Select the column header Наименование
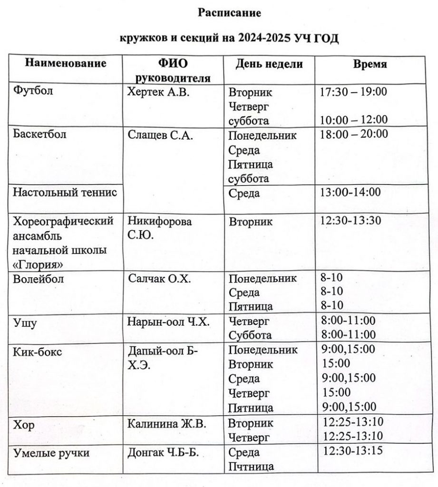[65, 63]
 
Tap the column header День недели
[269, 64]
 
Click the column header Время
[370, 64]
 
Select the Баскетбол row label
[40, 135]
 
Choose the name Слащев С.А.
[160, 135]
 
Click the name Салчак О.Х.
[159, 279]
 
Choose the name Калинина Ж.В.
[166, 424]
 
